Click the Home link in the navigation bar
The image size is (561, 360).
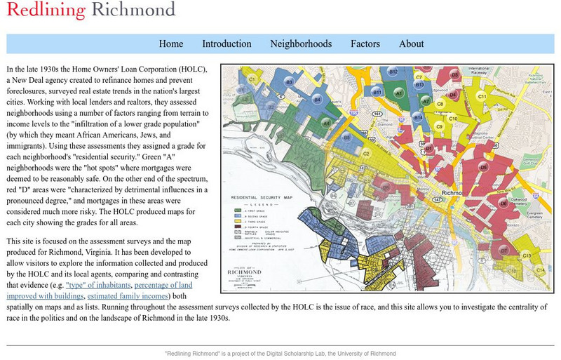point(171,44)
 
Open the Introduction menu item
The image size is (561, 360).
point(227,44)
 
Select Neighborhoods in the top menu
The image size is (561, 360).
point(301,44)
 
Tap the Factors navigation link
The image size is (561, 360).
point(365,44)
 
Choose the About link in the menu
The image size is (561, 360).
point(412,44)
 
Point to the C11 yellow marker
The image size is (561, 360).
point(482,96)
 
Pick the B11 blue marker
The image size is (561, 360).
point(377,92)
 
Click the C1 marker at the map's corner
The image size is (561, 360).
point(252,79)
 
